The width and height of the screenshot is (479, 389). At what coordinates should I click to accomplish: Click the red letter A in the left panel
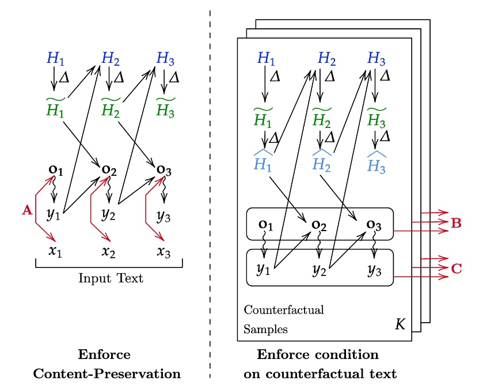click(26, 211)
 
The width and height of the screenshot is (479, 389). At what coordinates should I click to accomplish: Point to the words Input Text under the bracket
click(111, 279)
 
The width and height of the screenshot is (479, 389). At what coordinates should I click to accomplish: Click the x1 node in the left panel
click(54, 252)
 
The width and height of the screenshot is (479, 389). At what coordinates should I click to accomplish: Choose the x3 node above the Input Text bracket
click(165, 252)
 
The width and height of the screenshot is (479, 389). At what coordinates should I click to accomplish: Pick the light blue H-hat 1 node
click(264, 162)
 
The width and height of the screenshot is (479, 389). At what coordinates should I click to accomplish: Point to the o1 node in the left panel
click(54, 171)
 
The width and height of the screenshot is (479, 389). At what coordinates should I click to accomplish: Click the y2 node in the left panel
click(108, 214)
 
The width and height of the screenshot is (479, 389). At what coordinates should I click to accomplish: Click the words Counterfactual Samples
click(283, 319)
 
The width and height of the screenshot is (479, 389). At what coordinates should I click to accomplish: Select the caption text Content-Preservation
click(107, 373)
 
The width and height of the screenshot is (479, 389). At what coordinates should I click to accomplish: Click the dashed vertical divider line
click(210, 190)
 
